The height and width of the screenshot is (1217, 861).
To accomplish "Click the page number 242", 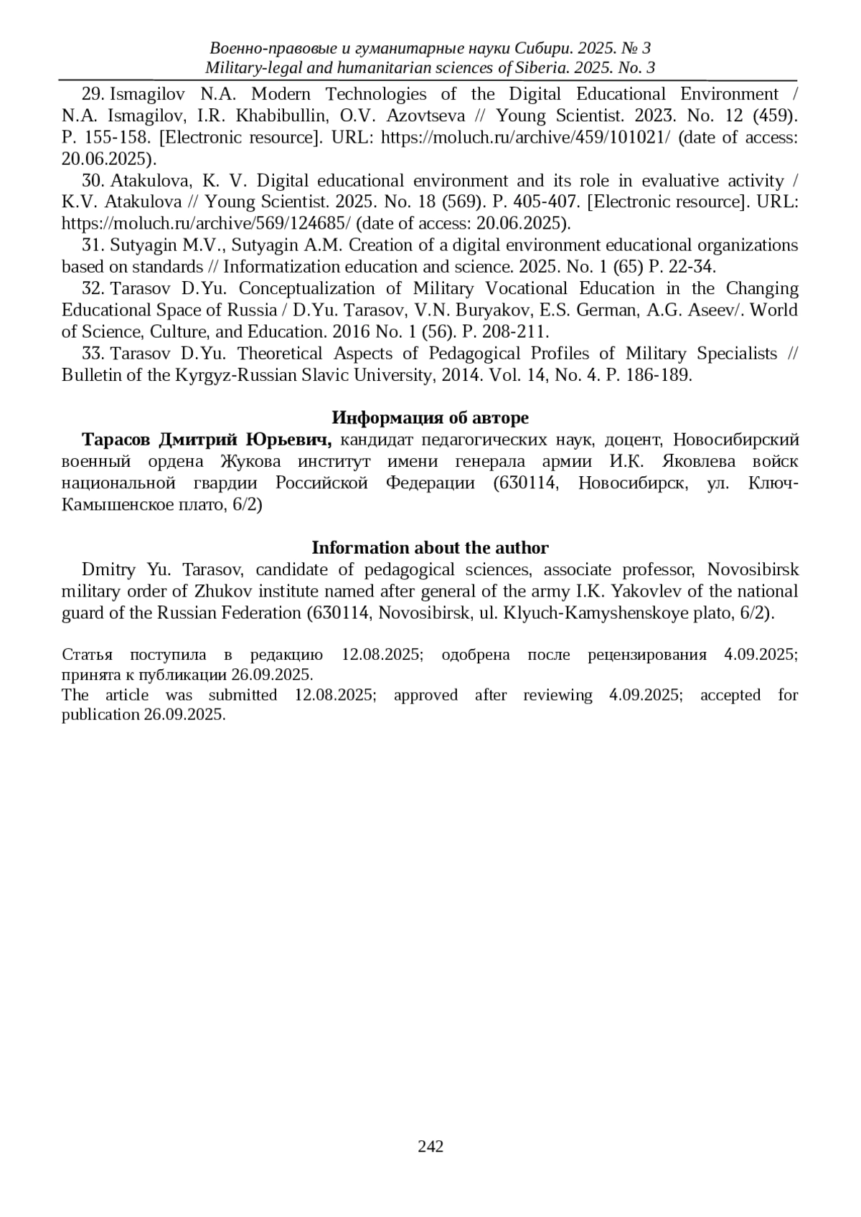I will click(430, 1146).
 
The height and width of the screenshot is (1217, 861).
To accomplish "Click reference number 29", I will click(93, 94).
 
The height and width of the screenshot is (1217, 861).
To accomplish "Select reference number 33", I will click(93, 354).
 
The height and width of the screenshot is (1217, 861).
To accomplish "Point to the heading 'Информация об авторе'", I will click(430, 418).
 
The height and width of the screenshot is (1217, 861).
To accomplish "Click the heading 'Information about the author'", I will click(430, 548).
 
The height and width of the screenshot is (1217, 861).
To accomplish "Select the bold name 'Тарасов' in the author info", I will click(116, 440).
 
